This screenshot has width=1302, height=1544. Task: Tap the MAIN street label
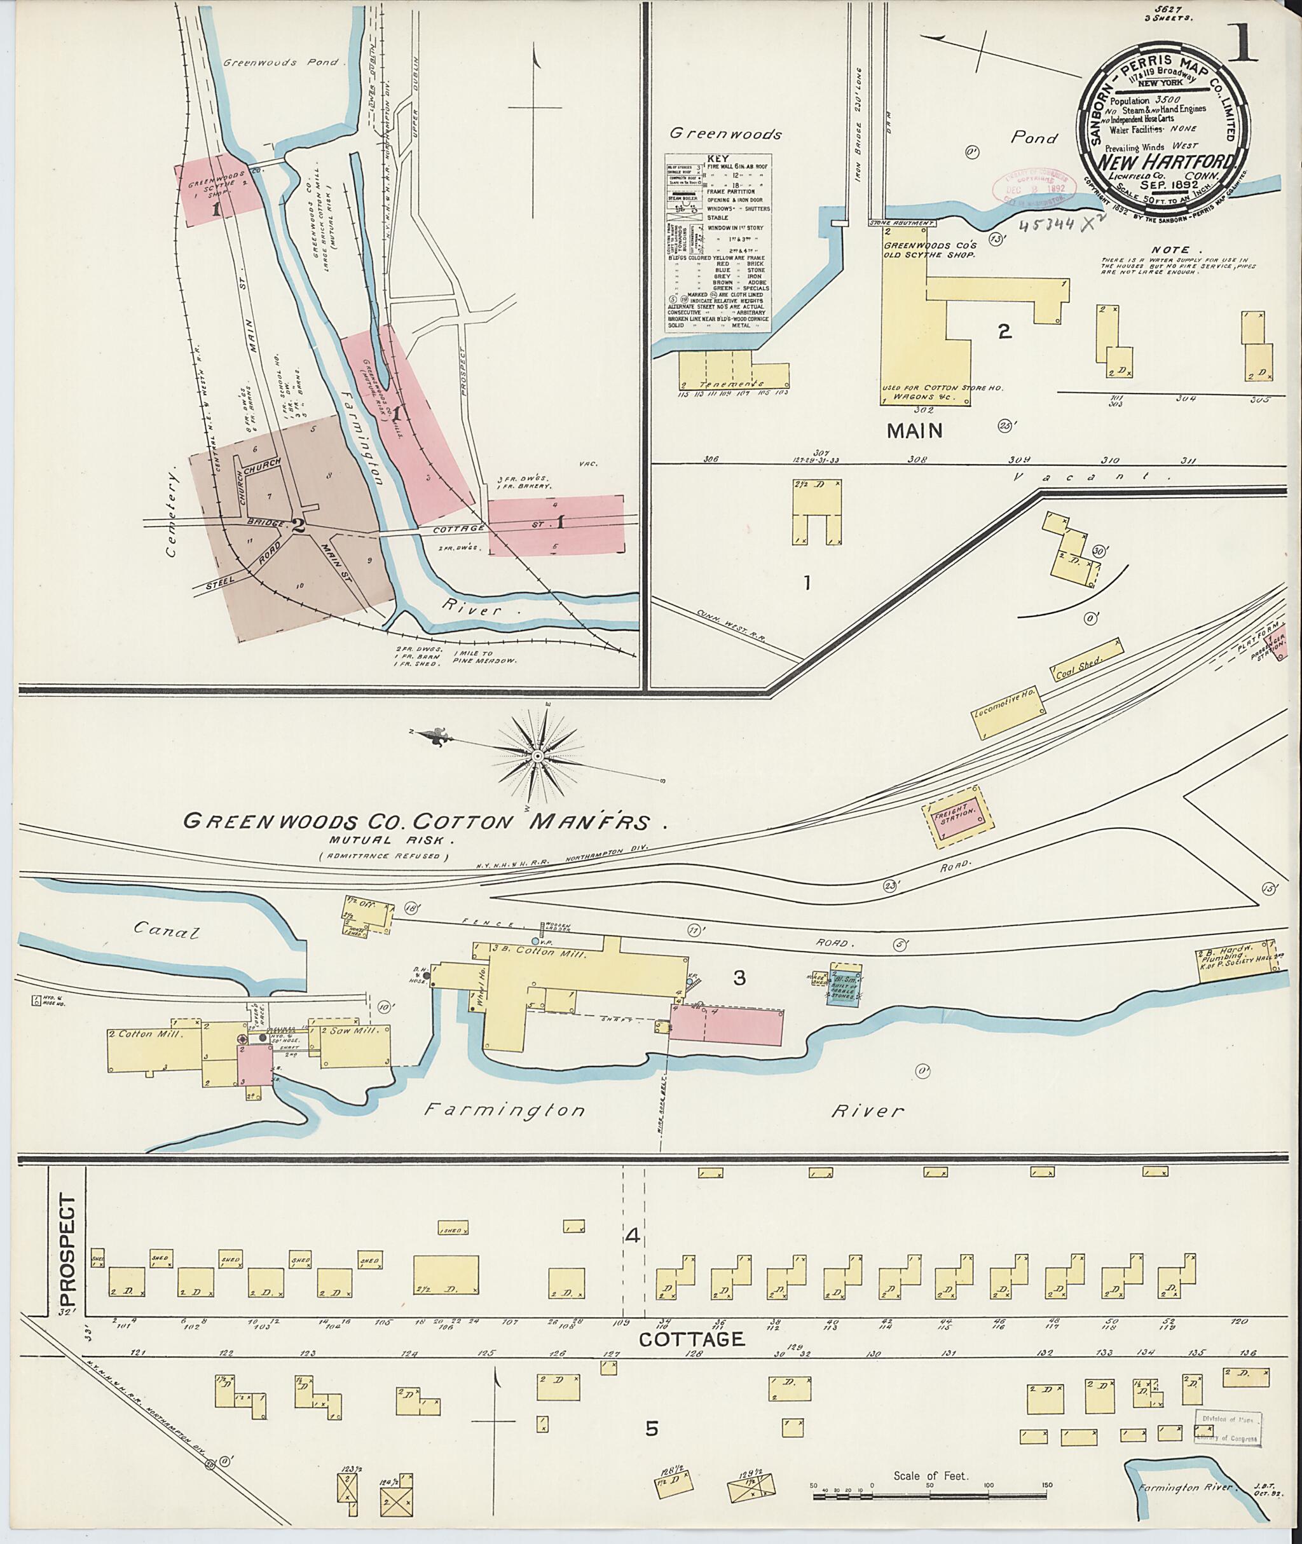914,430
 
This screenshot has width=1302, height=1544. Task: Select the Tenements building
734,370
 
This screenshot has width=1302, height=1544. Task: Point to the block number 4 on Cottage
632,1236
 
